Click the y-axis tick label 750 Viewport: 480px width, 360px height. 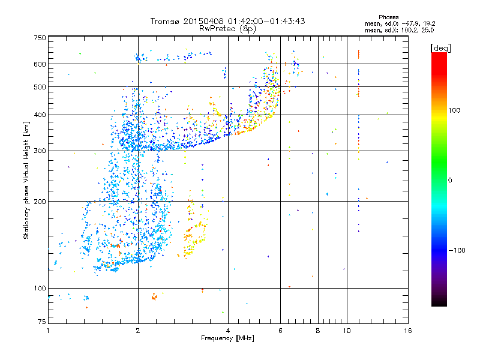click(40, 38)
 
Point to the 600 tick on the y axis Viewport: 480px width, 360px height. click(40, 64)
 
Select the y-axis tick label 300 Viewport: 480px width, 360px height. click(40, 151)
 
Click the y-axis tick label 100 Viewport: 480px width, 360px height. click(40, 289)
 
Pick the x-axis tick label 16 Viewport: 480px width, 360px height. click(407, 331)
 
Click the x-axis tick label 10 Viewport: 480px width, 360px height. click(346, 331)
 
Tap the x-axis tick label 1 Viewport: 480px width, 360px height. click(48, 331)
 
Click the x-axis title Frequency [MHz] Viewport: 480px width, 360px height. click(227, 338)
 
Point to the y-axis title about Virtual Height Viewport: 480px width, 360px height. click(26, 181)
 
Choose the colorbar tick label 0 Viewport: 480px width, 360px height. click(450, 180)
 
